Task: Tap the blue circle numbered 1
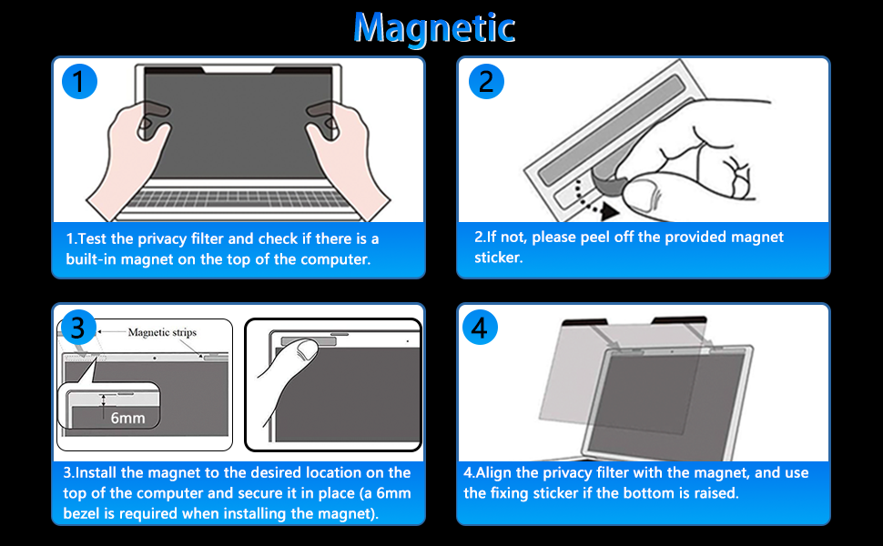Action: pos(80,83)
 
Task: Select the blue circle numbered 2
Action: pos(486,83)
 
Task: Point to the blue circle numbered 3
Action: pos(80,328)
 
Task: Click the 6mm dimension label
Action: pos(127,419)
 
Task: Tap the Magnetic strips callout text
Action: pos(162,333)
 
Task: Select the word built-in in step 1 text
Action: pos(96,258)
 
